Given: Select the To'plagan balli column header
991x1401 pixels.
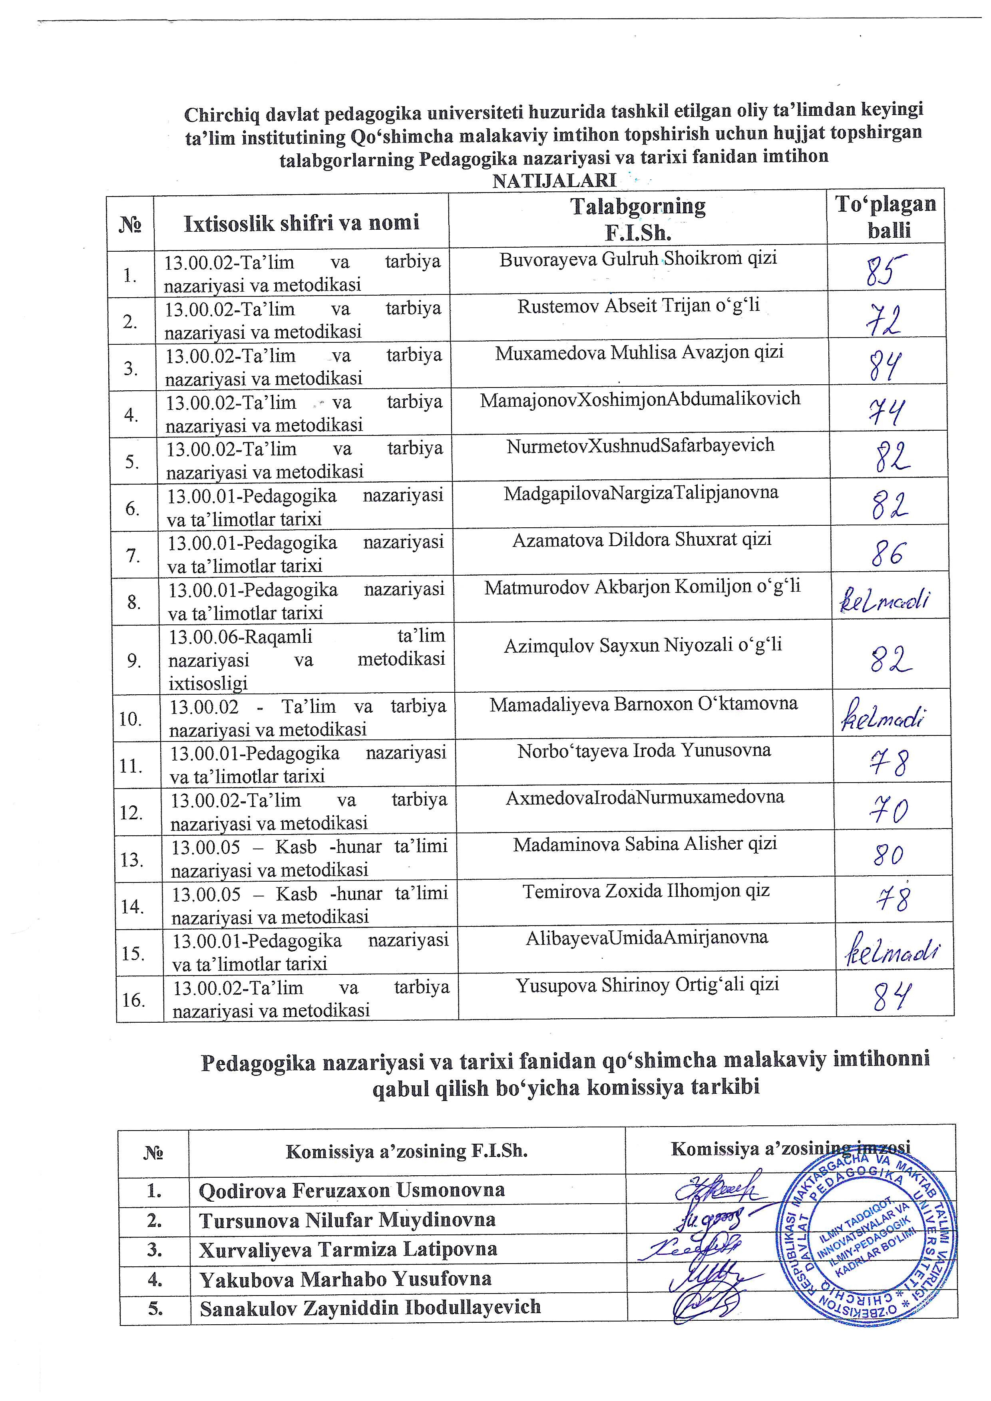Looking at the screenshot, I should pyautogui.click(x=886, y=217).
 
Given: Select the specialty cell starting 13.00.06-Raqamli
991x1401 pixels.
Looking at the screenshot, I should pyautogui.click(x=307, y=660).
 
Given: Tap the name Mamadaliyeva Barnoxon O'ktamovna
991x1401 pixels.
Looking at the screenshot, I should pyautogui.click(x=643, y=704).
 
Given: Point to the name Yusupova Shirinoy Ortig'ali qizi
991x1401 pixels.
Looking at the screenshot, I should pyautogui.click(x=647, y=985).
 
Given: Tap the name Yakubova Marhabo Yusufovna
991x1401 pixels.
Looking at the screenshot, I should pyautogui.click(x=345, y=1278).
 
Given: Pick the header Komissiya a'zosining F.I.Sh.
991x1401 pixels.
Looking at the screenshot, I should pyautogui.click(x=406, y=1151).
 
